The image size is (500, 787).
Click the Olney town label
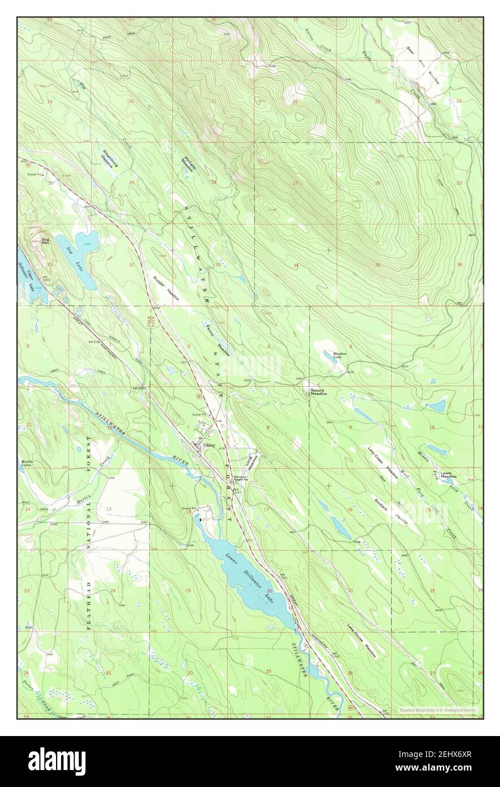pos(208,446)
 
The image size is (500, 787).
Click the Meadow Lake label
pos(340,356)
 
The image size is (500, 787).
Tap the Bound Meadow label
pos(318,392)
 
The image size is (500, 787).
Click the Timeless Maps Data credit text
pos(437,710)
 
